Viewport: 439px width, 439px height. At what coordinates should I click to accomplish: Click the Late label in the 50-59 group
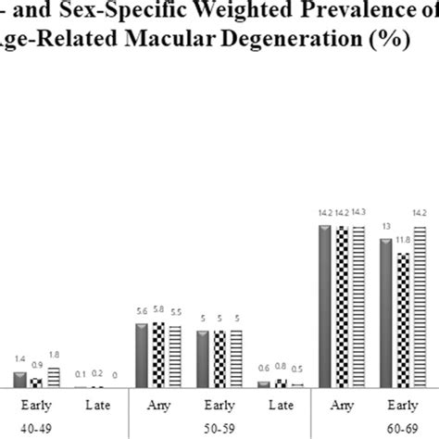278,406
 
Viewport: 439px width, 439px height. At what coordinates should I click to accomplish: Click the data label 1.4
19,356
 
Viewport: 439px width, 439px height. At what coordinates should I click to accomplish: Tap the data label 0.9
36,364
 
